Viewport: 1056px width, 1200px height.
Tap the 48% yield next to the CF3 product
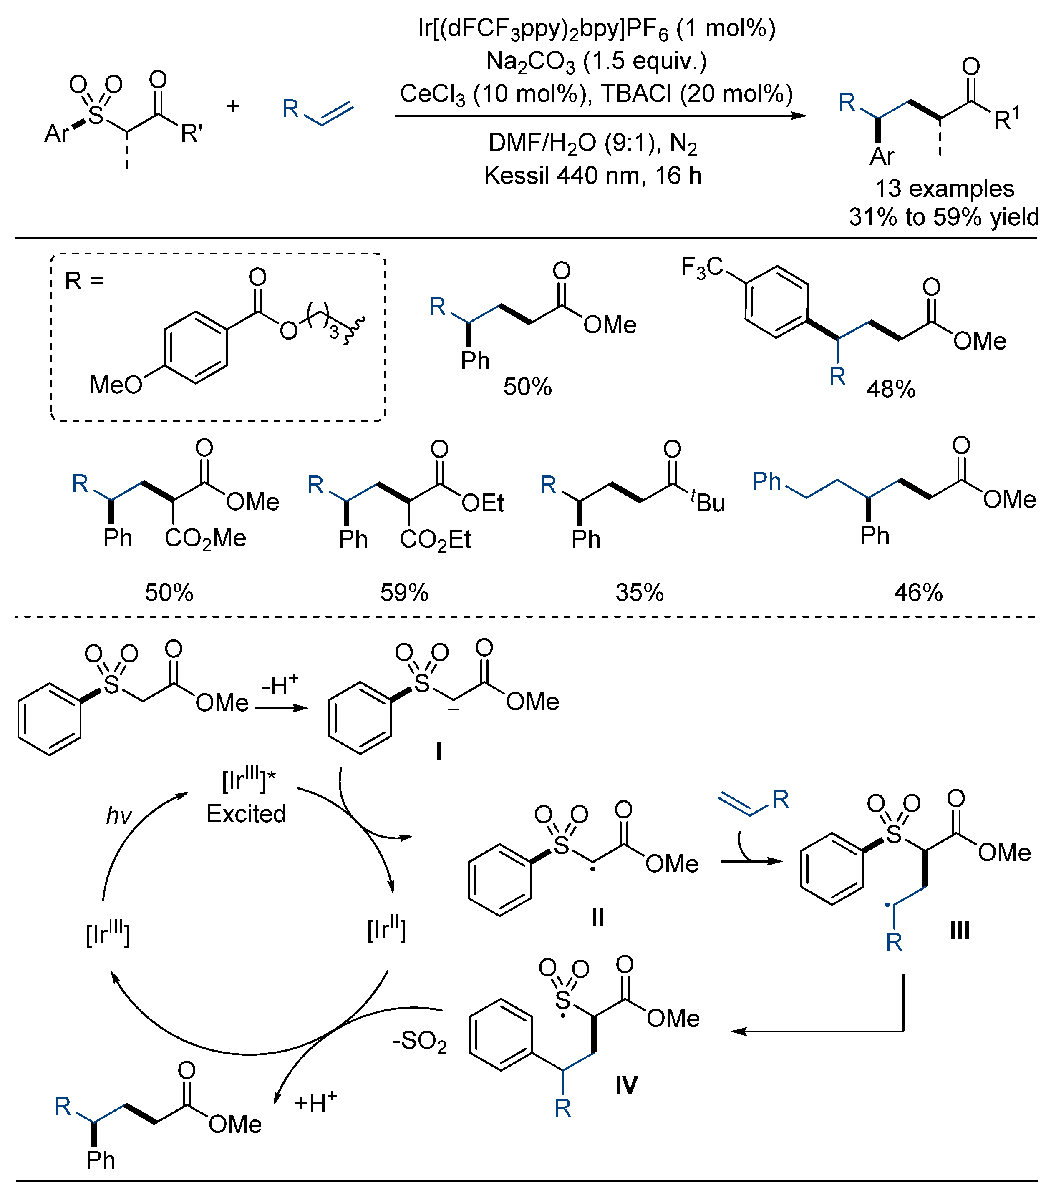890,389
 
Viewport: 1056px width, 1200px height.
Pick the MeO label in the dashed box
116,385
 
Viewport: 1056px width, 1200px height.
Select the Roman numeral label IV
626,1085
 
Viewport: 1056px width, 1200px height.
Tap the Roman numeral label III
960,930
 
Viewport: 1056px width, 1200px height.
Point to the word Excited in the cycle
246,814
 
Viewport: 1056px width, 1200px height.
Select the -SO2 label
419,1042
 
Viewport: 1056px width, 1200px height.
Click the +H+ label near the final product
315,1102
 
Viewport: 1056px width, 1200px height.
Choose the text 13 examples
945,189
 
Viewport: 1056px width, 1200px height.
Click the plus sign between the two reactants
232,106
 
